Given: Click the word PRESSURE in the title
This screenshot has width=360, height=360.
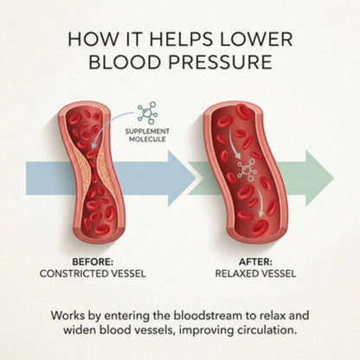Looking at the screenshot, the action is coord(220,61).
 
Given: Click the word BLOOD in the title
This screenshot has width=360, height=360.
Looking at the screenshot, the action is coord(124,61).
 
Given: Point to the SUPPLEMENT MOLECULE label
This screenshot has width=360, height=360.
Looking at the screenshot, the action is coord(147,135).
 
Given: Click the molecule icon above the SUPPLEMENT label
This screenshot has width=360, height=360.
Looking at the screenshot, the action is coord(148,112).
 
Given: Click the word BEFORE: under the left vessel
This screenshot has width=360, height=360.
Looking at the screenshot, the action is coord(93,262).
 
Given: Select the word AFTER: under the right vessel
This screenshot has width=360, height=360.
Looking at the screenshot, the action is coord(255,262).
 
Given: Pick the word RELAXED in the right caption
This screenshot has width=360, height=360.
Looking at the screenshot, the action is coord(235,273).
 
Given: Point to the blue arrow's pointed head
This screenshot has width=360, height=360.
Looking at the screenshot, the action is coord(196,178).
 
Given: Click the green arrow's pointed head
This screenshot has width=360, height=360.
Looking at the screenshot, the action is coord(333,178).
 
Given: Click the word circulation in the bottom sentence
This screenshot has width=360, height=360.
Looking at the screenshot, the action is coord(267,330).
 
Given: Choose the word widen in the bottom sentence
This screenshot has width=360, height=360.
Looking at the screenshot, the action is coord(79,330).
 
